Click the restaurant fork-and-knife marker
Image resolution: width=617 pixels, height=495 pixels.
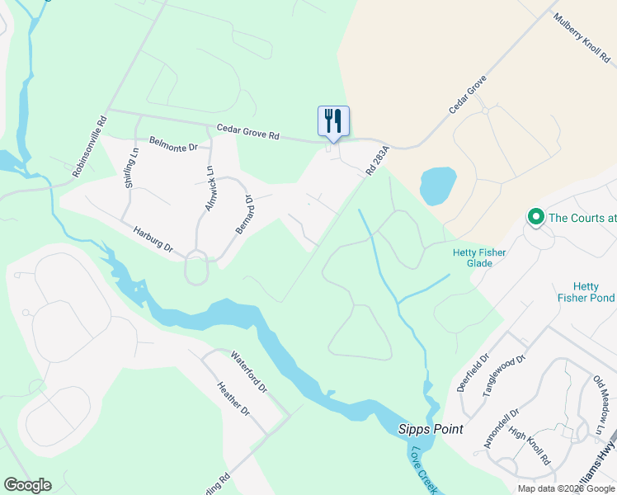click(x=333, y=121)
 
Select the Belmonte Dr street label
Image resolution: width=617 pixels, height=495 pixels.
click(x=174, y=144)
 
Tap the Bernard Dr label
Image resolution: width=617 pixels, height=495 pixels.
click(x=243, y=214)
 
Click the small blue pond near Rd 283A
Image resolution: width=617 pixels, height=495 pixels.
click(x=437, y=186)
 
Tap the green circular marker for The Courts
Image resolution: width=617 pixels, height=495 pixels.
click(x=535, y=218)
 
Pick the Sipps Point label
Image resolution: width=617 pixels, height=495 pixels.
click(x=430, y=429)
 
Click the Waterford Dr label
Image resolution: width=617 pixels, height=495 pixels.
click(x=249, y=372)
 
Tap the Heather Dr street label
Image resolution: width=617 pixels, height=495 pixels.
click(x=233, y=398)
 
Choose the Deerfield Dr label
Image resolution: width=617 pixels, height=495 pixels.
click(x=473, y=374)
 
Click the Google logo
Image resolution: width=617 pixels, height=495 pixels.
click(x=28, y=485)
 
